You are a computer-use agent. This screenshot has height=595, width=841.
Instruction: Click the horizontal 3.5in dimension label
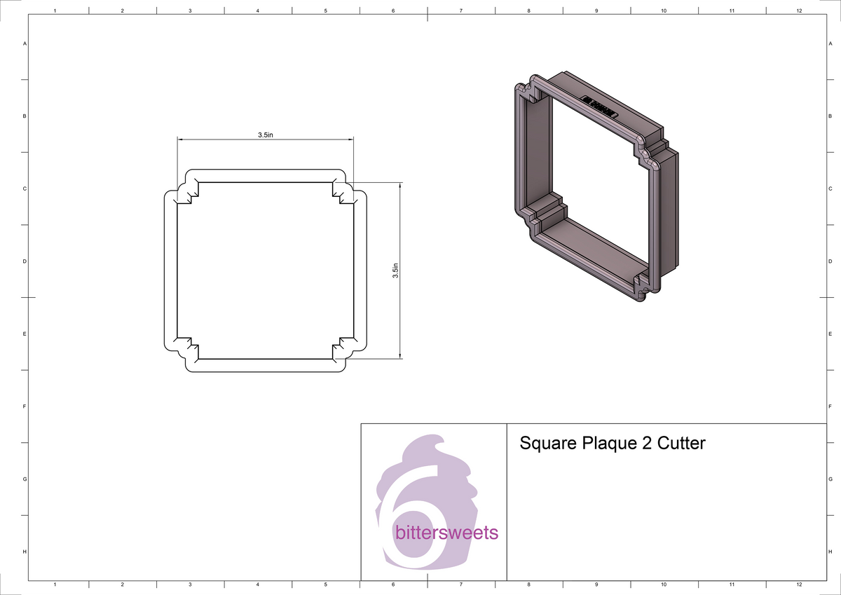tap(265, 135)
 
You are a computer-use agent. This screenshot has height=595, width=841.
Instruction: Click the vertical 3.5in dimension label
tap(395, 271)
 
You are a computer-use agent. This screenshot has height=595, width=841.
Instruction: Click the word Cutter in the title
tap(681, 444)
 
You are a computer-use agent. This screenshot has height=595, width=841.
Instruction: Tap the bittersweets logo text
tap(446, 533)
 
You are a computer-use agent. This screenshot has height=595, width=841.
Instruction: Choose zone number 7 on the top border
tap(460, 11)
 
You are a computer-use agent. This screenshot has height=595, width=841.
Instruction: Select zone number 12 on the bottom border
tap(799, 584)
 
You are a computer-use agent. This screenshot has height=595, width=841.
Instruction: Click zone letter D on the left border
tap(25, 261)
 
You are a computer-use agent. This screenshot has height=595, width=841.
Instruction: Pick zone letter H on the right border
tap(830, 552)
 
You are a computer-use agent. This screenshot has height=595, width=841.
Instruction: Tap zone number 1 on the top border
tap(55, 11)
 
